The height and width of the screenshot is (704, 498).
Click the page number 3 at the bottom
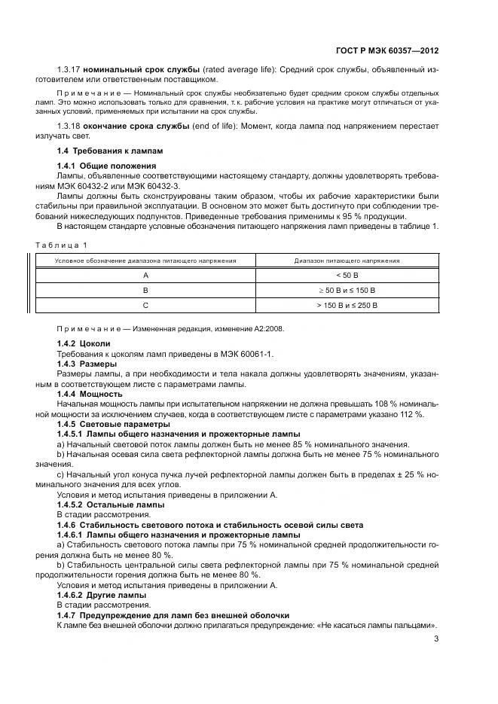click(436, 640)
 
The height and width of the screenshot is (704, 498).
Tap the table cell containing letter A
click(145, 276)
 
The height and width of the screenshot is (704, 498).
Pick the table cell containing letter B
click(145, 290)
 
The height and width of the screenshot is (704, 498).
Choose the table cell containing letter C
click(145, 305)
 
